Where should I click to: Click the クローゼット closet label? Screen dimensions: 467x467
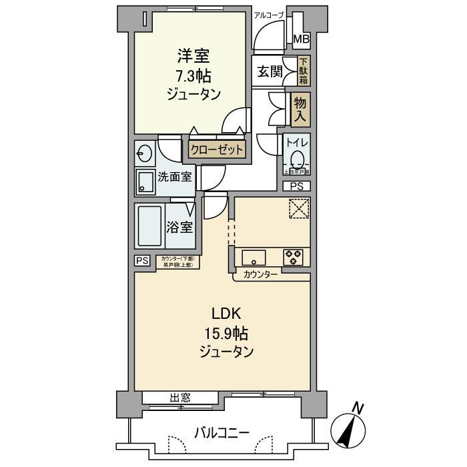point(217,150)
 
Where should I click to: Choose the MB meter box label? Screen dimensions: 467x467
point(302,39)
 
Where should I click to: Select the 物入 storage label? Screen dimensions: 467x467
point(301,109)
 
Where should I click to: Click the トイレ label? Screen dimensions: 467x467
point(297,142)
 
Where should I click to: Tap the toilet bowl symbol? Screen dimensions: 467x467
point(298,159)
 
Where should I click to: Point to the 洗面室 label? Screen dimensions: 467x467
point(175,177)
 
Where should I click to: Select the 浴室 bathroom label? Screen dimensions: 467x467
point(179,226)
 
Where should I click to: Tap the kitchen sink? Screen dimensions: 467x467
point(254,258)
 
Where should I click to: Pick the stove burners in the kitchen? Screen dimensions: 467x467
point(293,258)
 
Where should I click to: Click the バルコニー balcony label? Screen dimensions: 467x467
point(222,433)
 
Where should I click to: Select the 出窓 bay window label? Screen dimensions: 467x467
point(180,398)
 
